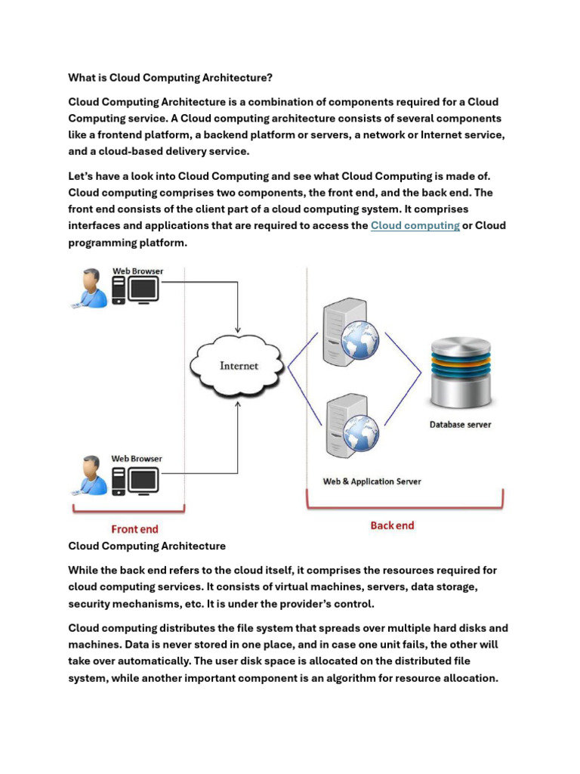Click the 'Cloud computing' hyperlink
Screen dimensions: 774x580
[415, 225]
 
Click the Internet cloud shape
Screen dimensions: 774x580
[239, 366]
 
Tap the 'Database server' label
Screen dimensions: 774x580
[460, 425]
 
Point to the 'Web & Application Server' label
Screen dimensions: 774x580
[372, 481]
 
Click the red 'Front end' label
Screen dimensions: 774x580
[134, 529]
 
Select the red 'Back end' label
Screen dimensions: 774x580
[392, 525]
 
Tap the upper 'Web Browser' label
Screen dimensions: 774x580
[137, 271]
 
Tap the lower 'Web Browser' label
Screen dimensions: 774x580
[137, 458]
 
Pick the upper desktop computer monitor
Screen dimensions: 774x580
[143, 289]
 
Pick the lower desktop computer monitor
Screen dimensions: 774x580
[143, 478]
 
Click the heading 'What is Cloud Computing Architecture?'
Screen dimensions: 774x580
[171, 77]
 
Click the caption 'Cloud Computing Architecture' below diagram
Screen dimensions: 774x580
[147, 546]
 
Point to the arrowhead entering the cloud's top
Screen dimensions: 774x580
[238, 330]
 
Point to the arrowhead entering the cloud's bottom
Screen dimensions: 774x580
[238, 404]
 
